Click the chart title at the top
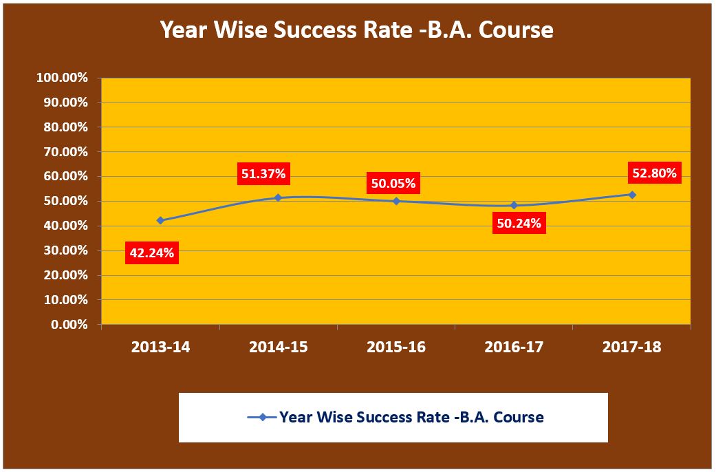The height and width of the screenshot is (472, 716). (356, 30)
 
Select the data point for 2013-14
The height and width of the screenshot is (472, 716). (160, 220)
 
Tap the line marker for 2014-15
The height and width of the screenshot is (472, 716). (278, 197)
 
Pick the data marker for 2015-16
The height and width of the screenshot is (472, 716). (396, 201)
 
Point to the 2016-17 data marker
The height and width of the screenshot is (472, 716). (514, 205)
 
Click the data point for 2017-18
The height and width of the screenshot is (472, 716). (632, 195)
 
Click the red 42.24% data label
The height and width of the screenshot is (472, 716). (152, 253)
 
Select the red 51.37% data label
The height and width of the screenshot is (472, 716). (263, 174)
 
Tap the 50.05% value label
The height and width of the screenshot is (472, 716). (393, 184)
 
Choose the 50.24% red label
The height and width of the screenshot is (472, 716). (519, 223)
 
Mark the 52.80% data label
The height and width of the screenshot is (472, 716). (654, 173)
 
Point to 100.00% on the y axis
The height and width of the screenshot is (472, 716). (62, 78)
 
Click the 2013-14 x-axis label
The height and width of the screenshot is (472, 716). (160, 347)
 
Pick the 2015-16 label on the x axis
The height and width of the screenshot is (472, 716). (396, 347)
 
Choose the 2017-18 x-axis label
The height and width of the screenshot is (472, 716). (632, 347)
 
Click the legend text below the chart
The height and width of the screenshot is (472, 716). (411, 417)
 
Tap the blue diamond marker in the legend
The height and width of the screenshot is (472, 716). (262, 417)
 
